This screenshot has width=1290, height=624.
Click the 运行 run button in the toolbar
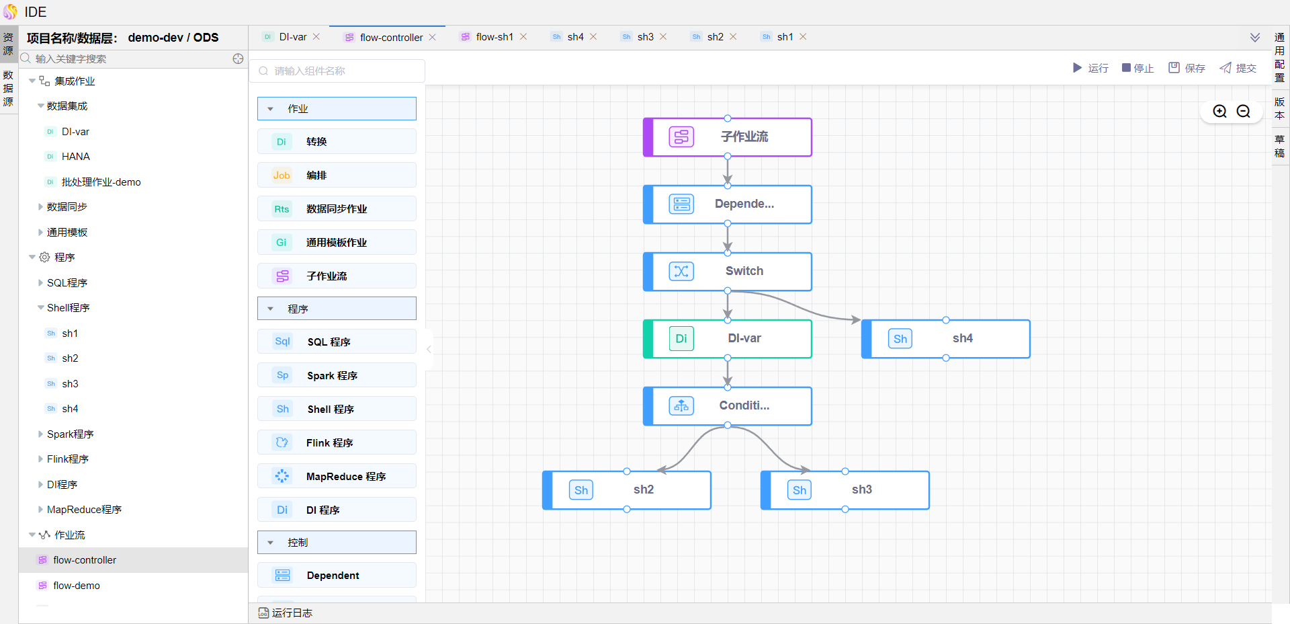pos(1090,68)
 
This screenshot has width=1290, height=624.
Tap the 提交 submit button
pos(1238,68)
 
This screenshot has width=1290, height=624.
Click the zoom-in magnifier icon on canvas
pos(1219,112)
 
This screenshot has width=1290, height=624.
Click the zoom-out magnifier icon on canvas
pos(1244,112)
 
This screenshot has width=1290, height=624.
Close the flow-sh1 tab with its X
pos(523,37)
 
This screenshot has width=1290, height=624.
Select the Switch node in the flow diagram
pos(728,272)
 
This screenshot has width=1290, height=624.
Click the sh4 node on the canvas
pos(946,339)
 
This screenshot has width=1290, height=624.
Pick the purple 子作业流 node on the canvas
pos(728,137)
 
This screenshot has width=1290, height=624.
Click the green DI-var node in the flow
pos(728,339)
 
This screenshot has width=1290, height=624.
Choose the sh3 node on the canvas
pos(845,490)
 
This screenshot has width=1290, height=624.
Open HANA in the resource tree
pos(75,157)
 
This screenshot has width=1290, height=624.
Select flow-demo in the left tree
pos(77,586)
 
